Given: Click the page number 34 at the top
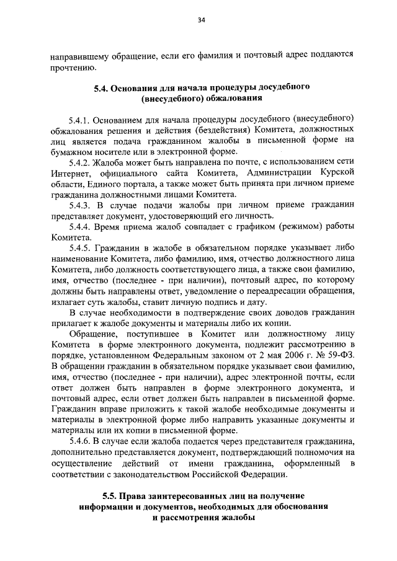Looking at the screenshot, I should pyautogui.click(x=202, y=20).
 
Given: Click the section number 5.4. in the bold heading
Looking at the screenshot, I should pyautogui.click(x=102, y=88).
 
